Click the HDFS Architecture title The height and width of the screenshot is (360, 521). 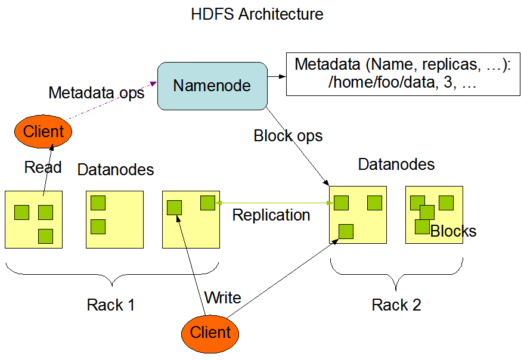point(257,14)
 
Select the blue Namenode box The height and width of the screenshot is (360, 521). point(212,86)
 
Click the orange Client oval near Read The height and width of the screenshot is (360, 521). point(43,132)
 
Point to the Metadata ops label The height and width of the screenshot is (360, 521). point(97,93)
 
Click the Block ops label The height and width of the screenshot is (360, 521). point(288,136)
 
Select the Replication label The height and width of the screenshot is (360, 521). point(271,215)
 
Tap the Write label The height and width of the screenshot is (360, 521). point(222,297)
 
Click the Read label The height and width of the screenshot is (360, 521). point(43,167)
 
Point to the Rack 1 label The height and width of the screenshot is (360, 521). point(111,305)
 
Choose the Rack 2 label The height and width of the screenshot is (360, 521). point(396,305)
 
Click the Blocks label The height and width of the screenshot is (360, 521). point(454,231)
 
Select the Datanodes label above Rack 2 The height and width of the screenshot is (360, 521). point(396,165)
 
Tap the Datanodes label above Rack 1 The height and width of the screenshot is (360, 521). point(116,170)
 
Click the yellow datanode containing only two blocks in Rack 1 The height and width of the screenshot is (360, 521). point(115,219)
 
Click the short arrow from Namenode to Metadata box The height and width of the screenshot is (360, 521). point(275,76)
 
